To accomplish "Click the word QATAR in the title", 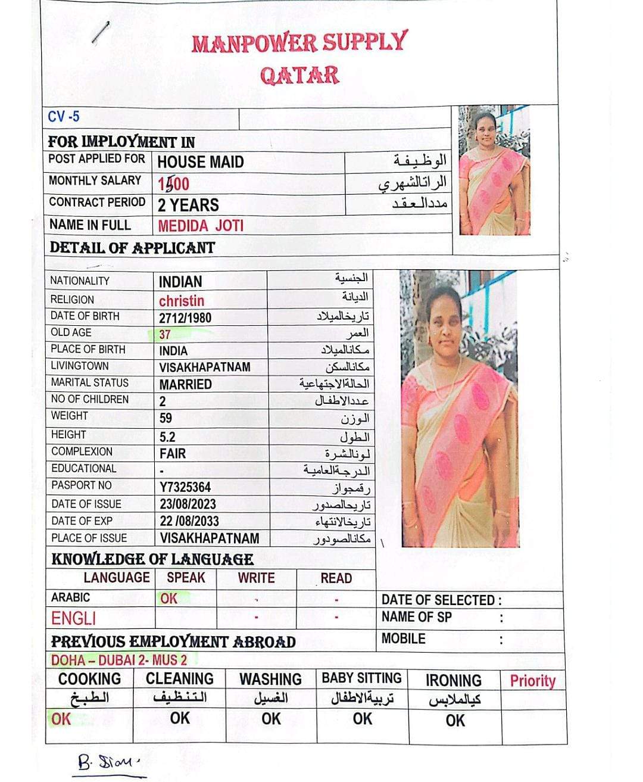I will coord(299,76).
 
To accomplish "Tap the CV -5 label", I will coord(64,116).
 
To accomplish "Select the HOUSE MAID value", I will coord(201,162).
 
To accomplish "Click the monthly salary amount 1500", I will coord(173,184).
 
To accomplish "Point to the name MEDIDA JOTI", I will coord(201,226).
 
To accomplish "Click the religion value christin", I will coord(182,301).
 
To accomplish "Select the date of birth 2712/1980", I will coord(185,317).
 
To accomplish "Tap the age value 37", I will coord(165,334).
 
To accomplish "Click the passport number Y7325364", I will coord(185,487).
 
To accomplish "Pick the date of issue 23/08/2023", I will coord(188,504).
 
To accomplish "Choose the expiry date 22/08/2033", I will coord(189,521).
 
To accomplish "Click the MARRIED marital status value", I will coord(185,384).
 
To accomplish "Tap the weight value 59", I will coord(166,418).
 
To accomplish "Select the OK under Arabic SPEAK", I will coord(169,599).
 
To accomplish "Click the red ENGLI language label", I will coord(73,619).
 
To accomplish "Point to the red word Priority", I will coord(532,681).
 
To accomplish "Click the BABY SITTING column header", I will coord(361,678).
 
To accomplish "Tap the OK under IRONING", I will coord(455,721).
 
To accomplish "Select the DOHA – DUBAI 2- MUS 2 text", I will coord(119,660).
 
